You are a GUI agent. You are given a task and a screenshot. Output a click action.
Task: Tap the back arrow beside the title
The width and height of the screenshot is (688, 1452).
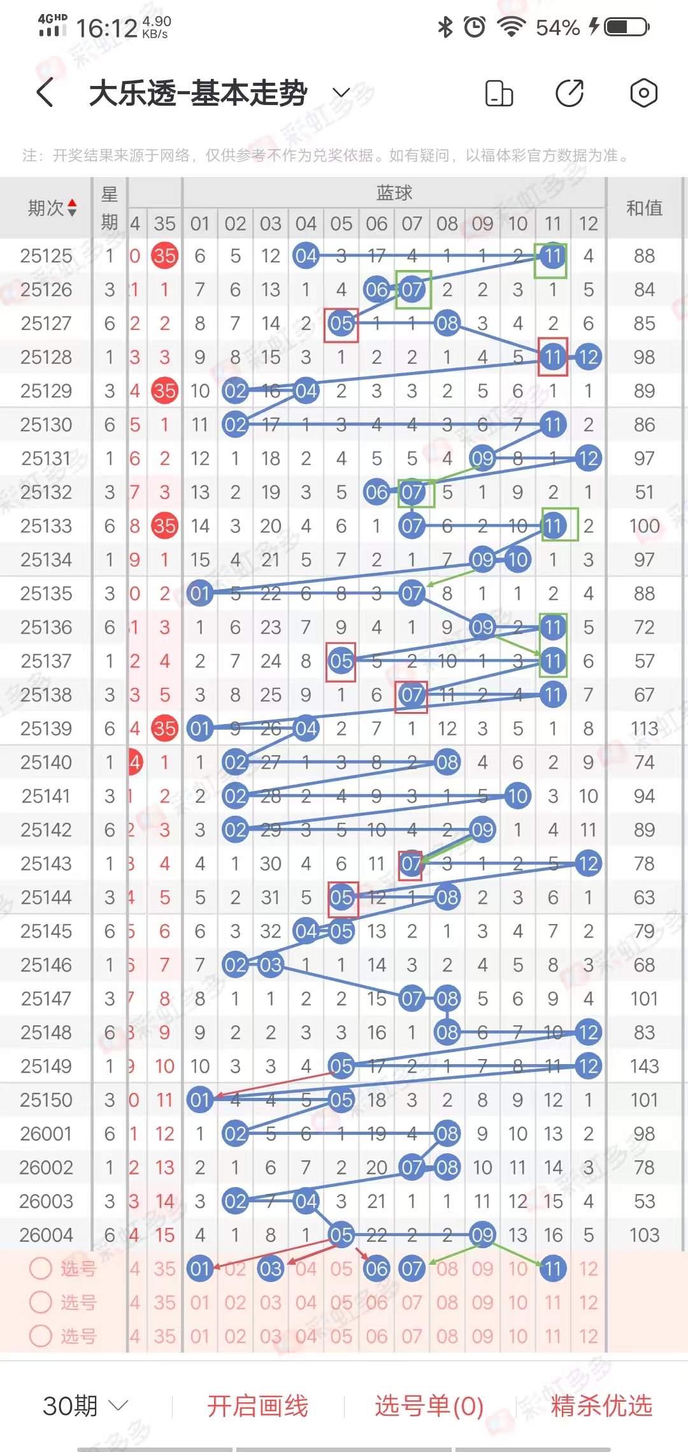coord(45,93)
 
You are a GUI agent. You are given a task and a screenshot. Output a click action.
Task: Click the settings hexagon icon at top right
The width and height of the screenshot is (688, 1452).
coord(643,93)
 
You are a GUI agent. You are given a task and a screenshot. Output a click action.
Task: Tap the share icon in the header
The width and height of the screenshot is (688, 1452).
coord(569,93)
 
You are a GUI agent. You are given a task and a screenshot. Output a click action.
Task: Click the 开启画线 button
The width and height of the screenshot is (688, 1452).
coord(257,1406)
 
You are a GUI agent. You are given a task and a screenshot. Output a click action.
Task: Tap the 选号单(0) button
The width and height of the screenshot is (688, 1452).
coord(429,1406)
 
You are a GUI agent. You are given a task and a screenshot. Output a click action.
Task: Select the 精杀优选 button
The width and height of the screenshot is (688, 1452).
coord(601,1406)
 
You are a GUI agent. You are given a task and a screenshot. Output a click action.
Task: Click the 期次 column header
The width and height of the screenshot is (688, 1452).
coord(52,208)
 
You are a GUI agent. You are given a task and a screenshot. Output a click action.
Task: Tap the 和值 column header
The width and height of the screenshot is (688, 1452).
coord(644,208)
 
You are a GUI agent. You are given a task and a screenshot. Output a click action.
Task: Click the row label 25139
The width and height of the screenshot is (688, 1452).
coord(46,729)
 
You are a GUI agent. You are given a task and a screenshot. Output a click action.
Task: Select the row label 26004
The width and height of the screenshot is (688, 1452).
coord(46,1235)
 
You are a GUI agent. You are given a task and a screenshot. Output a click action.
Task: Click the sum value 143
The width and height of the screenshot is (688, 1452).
coord(644,1066)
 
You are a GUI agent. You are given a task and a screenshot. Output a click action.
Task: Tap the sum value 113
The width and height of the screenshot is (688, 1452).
coord(644,729)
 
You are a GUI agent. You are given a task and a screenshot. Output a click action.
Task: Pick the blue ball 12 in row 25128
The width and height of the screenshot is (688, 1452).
coord(588,357)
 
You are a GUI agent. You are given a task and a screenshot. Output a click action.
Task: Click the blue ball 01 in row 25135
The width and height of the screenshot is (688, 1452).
coord(200,594)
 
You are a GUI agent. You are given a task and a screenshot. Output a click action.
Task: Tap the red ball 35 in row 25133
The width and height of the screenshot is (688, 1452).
coord(164,526)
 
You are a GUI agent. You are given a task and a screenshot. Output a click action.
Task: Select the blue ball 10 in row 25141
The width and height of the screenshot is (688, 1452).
coord(517,796)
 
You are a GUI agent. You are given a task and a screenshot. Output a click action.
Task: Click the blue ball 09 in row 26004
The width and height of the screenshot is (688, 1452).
coord(482,1235)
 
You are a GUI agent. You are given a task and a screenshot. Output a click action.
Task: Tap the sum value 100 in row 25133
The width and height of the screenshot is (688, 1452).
coord(644,526)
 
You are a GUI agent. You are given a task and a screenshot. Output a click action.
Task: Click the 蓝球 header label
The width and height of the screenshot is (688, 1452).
coord(394,192)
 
